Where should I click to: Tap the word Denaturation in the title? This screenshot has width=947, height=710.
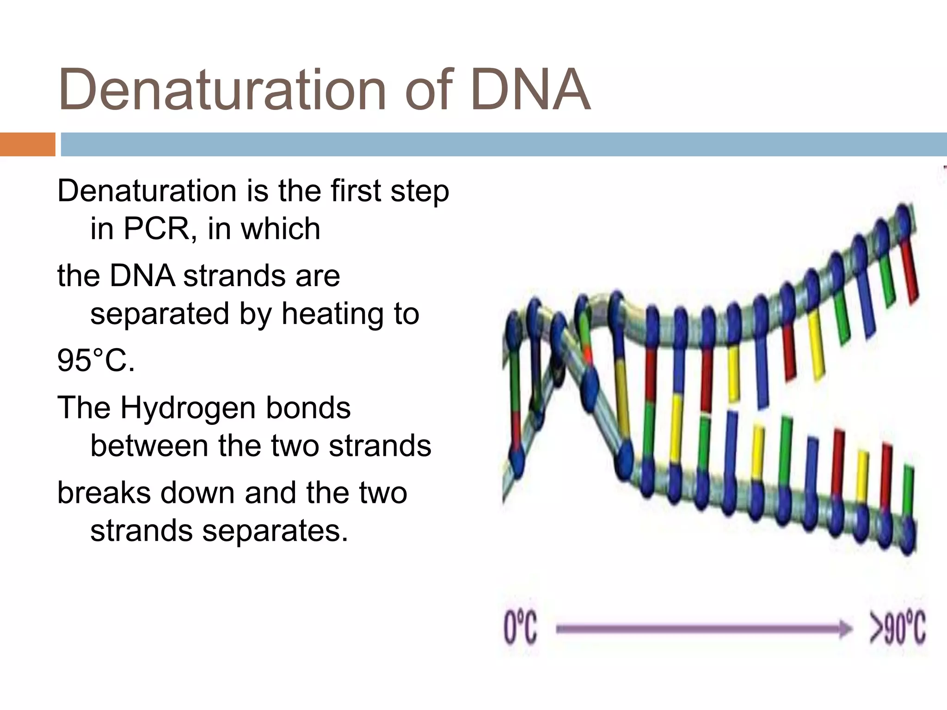pos(222,90)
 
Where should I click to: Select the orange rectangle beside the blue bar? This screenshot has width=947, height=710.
pos(27,144)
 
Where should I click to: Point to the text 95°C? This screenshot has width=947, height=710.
pos(96,361)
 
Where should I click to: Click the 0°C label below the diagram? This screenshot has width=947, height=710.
pos(520,629)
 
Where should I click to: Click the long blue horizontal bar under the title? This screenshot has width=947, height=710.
pos(504,144)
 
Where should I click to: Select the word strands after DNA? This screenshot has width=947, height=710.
pos(233,276)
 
